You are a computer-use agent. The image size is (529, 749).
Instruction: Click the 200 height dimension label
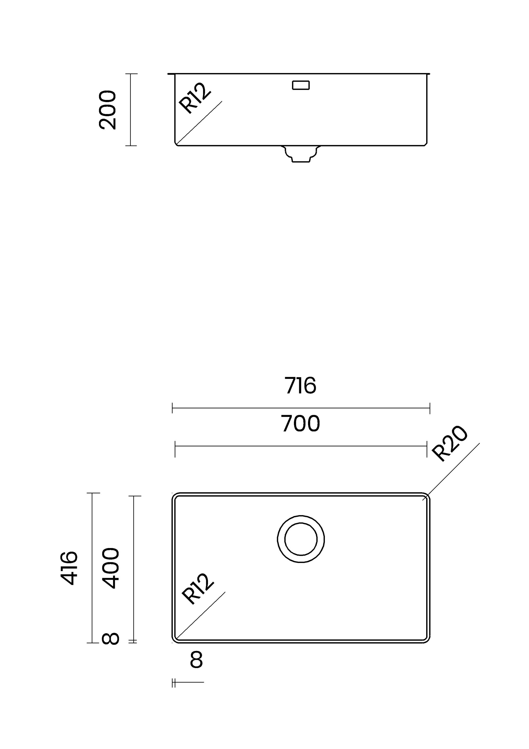click(107, 110)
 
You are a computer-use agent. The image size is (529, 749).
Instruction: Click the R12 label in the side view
click(195, 98)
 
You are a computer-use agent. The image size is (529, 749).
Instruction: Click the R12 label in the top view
click(197, 589)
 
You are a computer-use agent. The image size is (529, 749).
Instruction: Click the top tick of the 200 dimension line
click(131, 74)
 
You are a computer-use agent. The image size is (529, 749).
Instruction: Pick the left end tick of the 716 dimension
click(172, 408)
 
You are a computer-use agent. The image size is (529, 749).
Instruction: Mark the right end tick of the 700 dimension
click(427, 446)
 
